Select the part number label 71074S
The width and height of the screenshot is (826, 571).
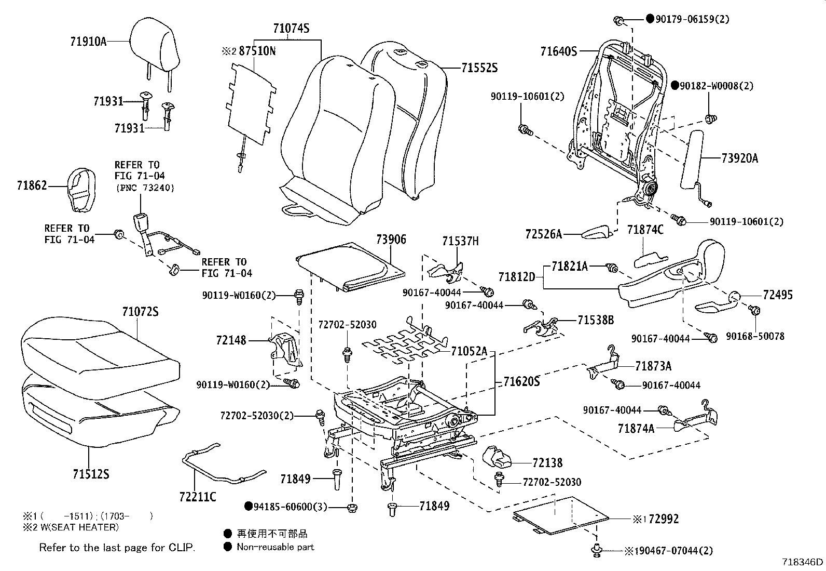tap(291, 29)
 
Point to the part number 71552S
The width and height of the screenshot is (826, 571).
tap(479, 68)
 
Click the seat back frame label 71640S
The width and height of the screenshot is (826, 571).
tap(558, 51)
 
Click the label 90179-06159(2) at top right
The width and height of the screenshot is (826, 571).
tap(692, 19)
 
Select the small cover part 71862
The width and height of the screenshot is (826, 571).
tap(82, 190)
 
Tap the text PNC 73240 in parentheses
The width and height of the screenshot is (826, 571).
tap(145, 188)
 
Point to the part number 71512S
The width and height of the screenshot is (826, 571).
tap(91, 474)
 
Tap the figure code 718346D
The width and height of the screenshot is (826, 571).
tap(803, 562)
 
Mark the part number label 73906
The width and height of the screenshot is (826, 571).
tap(391, 240)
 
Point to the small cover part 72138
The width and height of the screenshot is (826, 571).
tap(497, 457)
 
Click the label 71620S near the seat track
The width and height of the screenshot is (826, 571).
tap(521, 382)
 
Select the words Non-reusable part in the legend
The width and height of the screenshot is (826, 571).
tap(275, 547)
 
